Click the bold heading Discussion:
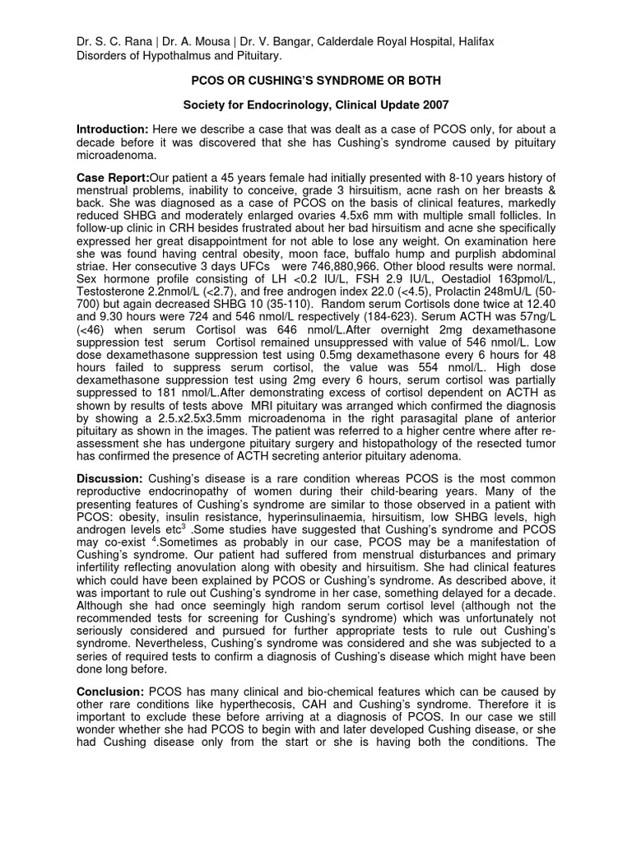tap(109, 478)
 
